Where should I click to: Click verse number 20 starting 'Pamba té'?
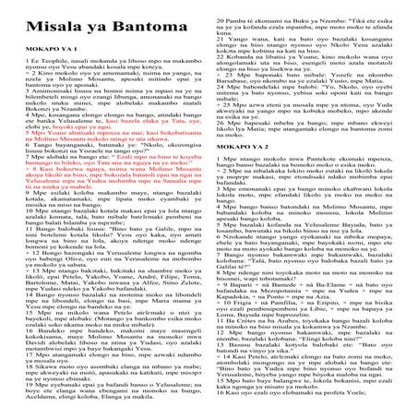pyautogui.click(x=222, y=5)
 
